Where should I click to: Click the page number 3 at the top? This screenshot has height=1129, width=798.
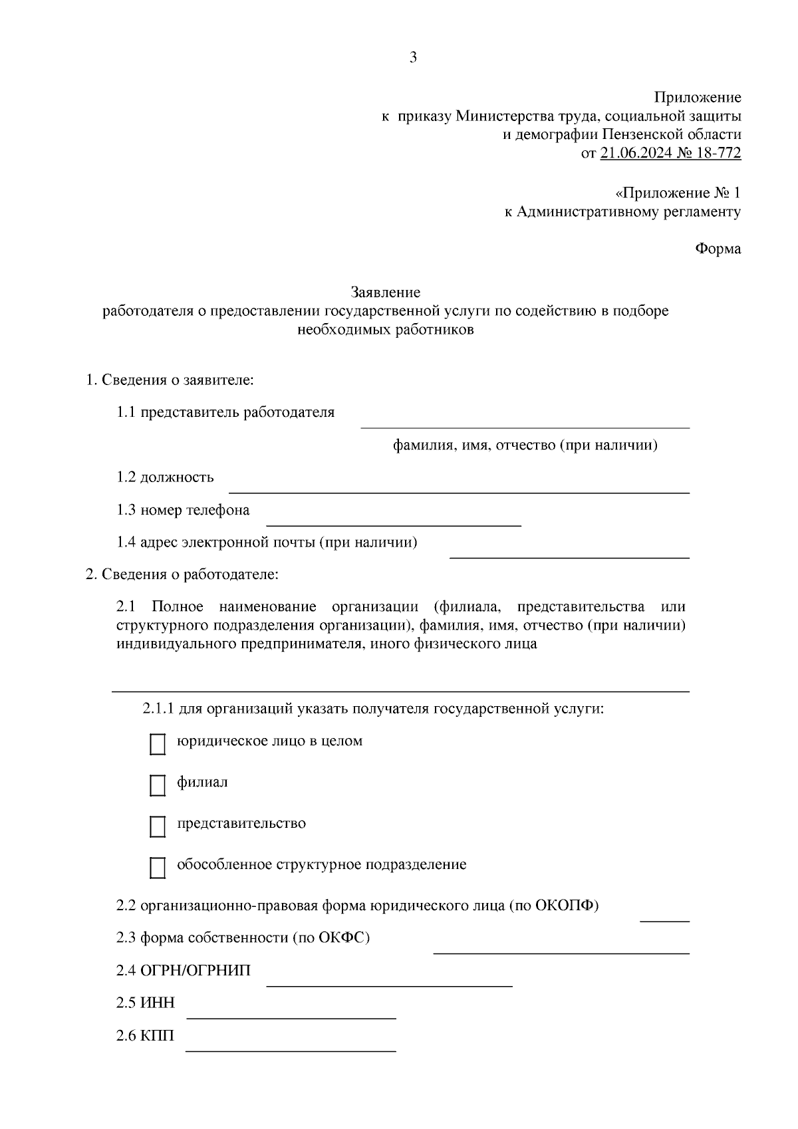(413, 58)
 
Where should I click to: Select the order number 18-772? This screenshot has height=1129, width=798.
(719, 154)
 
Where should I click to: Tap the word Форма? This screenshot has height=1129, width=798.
(718, 249)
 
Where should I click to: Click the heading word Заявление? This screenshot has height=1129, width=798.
(386, 292)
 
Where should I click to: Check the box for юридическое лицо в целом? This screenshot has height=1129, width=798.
(158, 745)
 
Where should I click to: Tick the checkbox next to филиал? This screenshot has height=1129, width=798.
(158, 786)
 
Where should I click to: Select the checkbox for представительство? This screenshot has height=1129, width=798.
(158, 827)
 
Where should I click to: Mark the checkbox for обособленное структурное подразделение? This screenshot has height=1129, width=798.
(158, 868)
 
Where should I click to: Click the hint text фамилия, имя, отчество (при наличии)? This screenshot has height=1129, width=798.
(525, 445)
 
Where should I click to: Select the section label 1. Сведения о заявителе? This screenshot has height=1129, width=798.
(171, 380)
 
